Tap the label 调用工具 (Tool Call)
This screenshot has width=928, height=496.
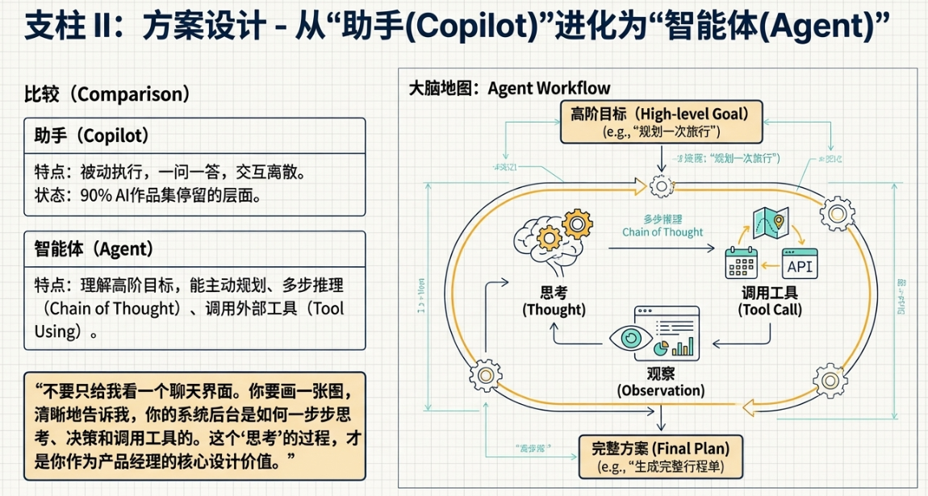tap(769, 301)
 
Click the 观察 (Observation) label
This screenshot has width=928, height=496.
tap(661, 382)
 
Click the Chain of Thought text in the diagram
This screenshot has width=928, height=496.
tap(663, 232)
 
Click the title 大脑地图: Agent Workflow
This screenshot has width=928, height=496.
tap(510, 88)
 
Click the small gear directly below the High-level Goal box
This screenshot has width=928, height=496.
tap(662, 187)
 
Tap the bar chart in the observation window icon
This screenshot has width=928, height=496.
tap(684, 347)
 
